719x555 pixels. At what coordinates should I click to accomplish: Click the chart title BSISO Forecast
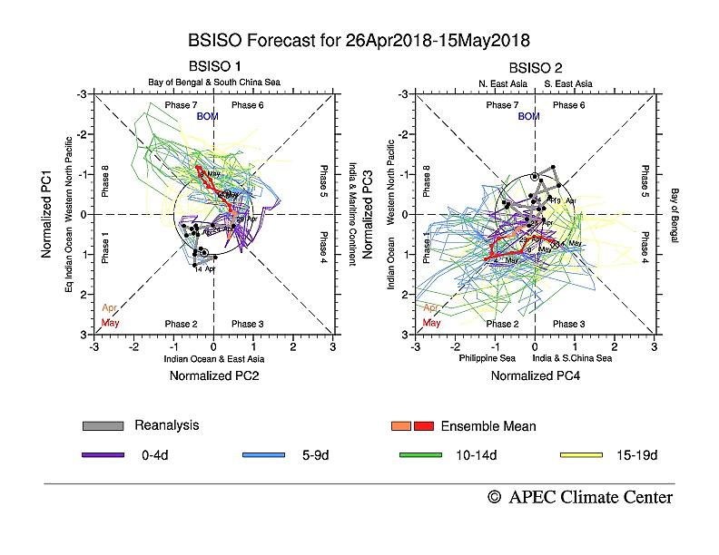pos(358,41)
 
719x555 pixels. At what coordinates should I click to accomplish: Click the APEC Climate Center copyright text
pos(580,497)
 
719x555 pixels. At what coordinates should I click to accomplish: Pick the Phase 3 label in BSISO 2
pos(569,324)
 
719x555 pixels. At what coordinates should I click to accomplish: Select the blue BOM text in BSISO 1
pos(208,117)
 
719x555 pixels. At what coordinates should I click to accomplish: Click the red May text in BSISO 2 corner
pos(432,323)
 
